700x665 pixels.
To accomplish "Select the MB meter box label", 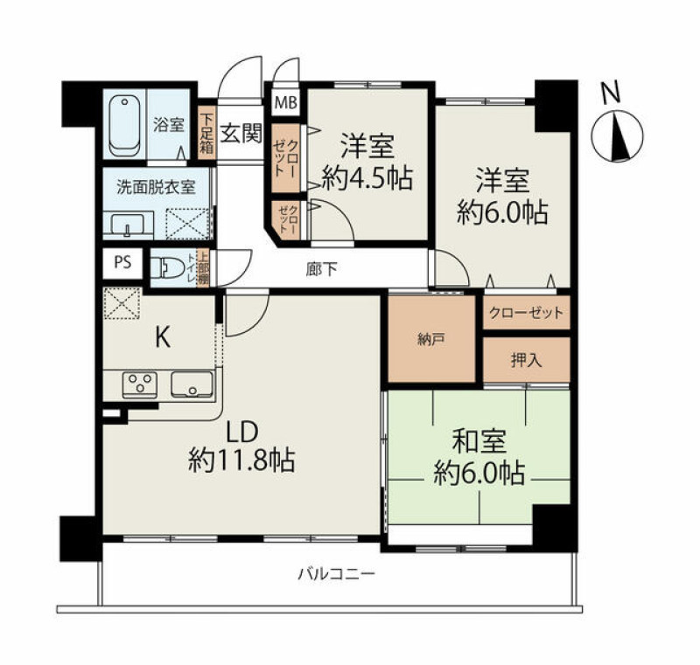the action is coord(286,103).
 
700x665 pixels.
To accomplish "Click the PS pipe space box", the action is coord(122,263).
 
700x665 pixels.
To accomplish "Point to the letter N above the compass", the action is coord(611,94).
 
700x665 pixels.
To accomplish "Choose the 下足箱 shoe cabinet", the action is coord(206,133).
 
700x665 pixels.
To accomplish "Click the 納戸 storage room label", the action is coord(430,340).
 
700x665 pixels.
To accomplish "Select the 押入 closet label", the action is coord(527,361).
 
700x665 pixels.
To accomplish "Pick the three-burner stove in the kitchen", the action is coord(140,384).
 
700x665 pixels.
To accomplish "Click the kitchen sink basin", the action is coord(192,384).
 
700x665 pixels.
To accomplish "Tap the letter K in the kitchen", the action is coord(163,337).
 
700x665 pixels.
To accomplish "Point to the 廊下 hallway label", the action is coord(321,269).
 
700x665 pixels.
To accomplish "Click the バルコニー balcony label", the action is coord(336,573).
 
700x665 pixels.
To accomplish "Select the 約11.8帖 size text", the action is coord(241,461).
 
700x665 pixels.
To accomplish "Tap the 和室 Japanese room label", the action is coord(479,441).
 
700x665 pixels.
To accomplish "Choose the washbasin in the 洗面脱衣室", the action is coord(128,224).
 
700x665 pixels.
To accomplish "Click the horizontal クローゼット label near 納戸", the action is coord(527,314).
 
